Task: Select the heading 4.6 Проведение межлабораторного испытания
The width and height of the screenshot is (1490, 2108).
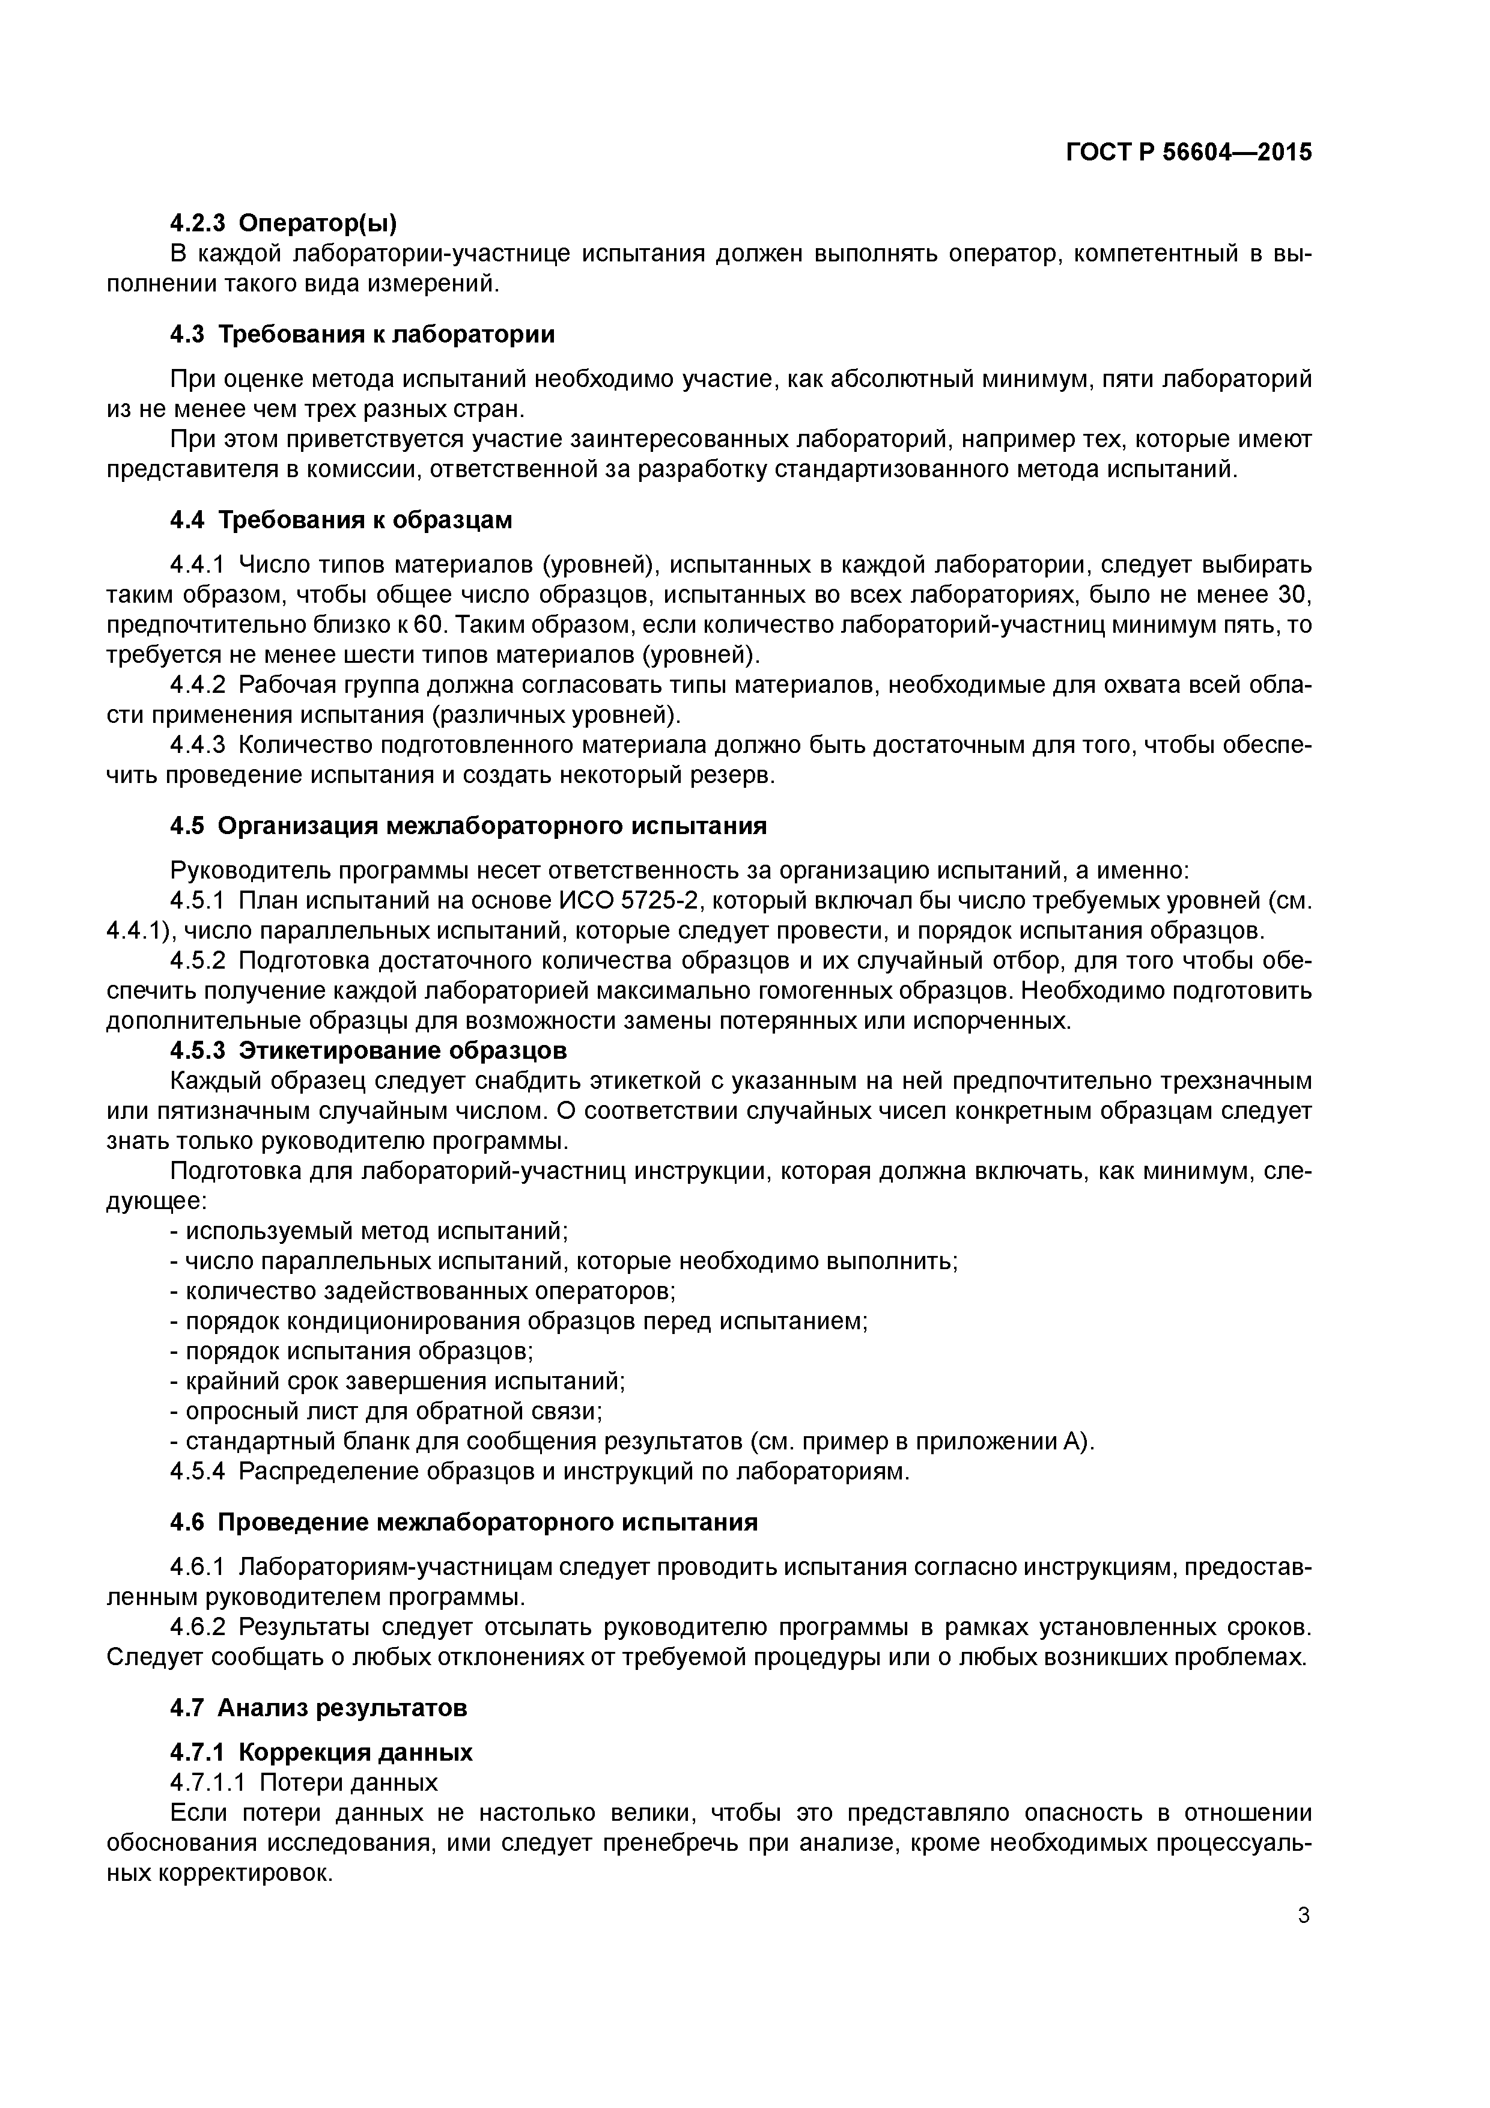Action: tap(464, 1522)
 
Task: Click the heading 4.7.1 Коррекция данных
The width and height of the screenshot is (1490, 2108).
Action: tap(321, 1752)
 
